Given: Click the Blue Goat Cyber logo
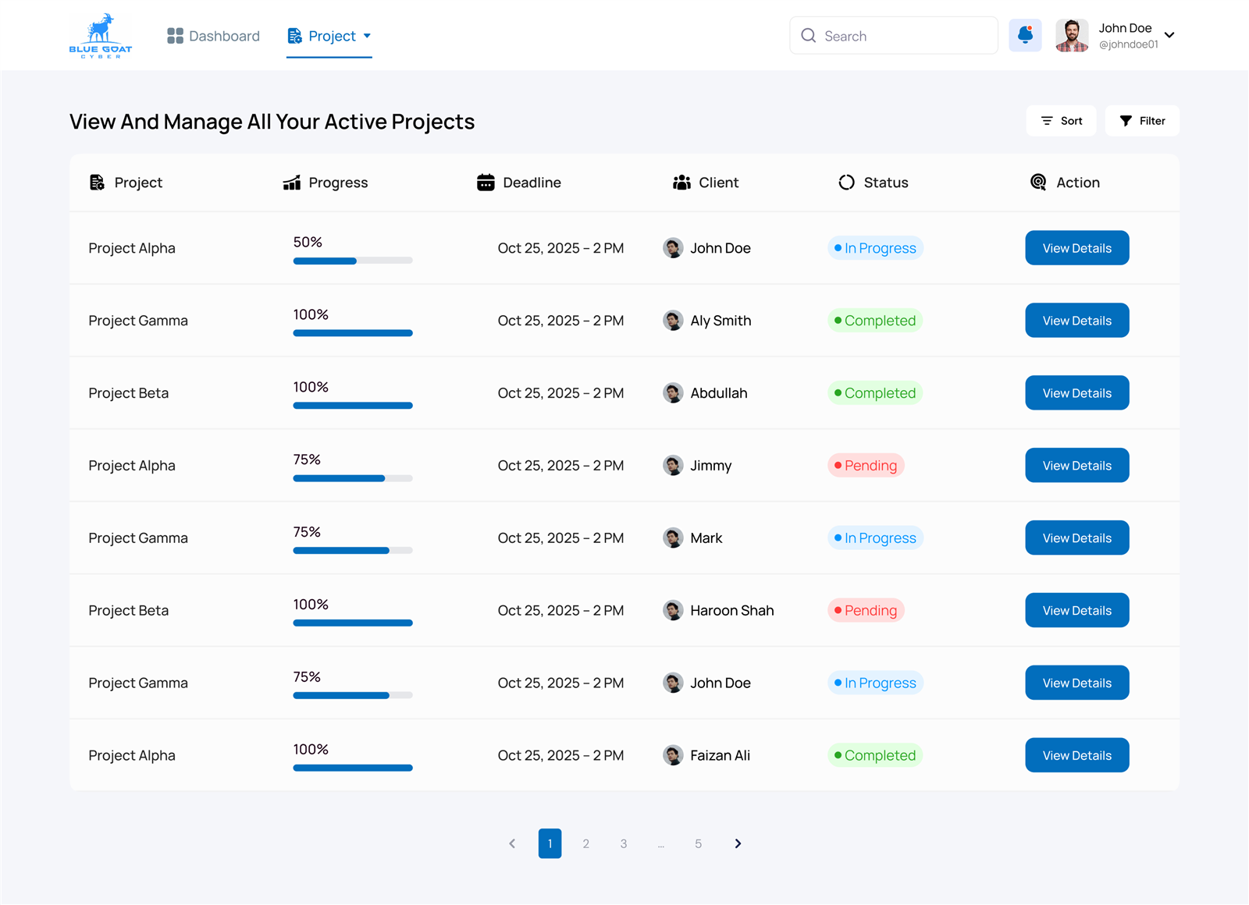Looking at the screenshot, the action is click(x=101, y=36).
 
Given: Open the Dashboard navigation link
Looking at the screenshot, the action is click(x=214, y=36).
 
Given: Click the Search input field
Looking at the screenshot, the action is click(x=893, y=36).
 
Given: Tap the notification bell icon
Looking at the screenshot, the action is click(x=1025, y=35).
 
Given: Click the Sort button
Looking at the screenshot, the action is click(x=1061, y=121).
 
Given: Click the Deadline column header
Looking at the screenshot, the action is click(x=518, y=183).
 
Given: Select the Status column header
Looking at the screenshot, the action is click(x=874, y=183).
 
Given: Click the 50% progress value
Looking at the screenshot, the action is click(x=308, y=242).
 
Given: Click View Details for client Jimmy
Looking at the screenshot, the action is click(x=1076, y=465).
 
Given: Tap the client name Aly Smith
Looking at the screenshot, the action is click(x=721, y=321).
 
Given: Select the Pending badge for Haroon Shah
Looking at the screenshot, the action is click(x=866, y=610).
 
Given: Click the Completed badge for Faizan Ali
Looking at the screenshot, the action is click(x=875, y=755).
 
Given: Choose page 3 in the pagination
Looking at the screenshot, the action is click(x=624, y=843).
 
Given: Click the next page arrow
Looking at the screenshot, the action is click(x=738, y=843).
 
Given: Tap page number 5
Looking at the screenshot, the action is click(x=698, y=843).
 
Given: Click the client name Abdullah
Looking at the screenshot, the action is click(x=719, y=393).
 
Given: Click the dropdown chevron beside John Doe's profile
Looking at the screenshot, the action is click(x=1170, y=35).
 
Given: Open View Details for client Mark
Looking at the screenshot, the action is click(x=1076, y=538).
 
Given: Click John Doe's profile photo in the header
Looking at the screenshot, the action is click(x=1072, y=35).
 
